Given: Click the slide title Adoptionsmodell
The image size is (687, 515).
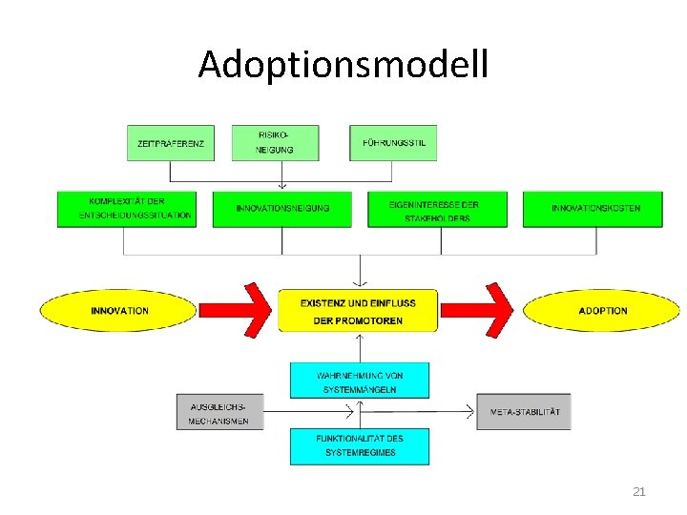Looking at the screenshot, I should point(343,65).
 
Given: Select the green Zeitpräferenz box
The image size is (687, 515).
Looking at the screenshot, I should point(170,143).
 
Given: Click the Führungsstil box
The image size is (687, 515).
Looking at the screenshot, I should point(393,143).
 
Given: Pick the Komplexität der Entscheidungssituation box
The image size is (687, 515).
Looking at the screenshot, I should point(126,209).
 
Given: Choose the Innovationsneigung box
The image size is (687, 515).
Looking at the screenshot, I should point(283,209).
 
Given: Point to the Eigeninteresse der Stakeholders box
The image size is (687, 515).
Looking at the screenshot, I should point(435,210).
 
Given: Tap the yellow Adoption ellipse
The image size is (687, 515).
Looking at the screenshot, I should point(602,311).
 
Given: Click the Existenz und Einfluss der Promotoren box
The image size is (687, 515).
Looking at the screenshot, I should point(358,311).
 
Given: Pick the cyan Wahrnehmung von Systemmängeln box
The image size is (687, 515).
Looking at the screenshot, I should point(359,381).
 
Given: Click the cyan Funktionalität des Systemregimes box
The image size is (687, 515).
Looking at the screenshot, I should point(359,446).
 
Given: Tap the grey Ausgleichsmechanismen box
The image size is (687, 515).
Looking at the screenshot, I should point(219,412).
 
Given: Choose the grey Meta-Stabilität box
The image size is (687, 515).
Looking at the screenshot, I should point(524,412).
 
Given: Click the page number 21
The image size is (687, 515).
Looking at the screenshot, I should point(639,492).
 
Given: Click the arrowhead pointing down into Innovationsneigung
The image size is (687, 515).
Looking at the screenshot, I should point(282,186).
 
